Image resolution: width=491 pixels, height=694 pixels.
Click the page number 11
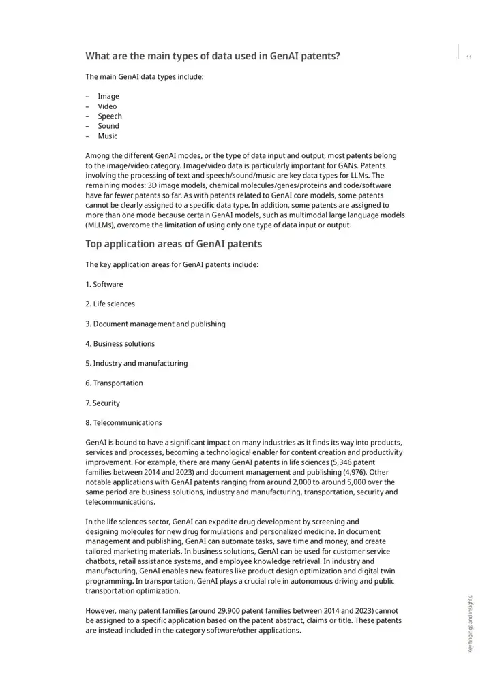pyautogui.click(x=468, y=58)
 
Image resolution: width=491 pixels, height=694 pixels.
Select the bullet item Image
pyautogui.click(x=108, y=96)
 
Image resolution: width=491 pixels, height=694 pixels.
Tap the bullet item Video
pyautogui.click(x=107, y=106)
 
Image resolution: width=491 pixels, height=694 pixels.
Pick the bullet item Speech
pyautogui.click(x=109, y=116)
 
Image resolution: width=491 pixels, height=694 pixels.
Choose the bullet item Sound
pyautogui.click(x=108, y=126)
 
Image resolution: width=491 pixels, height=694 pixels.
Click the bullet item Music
pyautogui.click(x=107, y=136)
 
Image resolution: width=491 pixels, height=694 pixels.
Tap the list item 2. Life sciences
pyautogui.click(x=110, y=304)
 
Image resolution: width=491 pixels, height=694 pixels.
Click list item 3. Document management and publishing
pyautogui.click(x=155, y=324)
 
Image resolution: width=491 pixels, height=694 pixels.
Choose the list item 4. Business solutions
pyautogui.click(x=120, y=343)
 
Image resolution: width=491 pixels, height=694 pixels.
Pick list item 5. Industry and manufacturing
pyautogui.click(x=136, y=363)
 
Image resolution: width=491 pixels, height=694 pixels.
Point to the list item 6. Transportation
pyautogui.click(x=114, y=383)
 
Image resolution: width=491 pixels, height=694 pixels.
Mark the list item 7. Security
pyautogui.click(x=102, y=403)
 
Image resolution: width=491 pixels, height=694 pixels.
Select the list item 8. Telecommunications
pyautogui.click(x=123, y=422)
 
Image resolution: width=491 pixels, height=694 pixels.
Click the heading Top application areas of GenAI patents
pyautogui.click(x=173, y=244)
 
